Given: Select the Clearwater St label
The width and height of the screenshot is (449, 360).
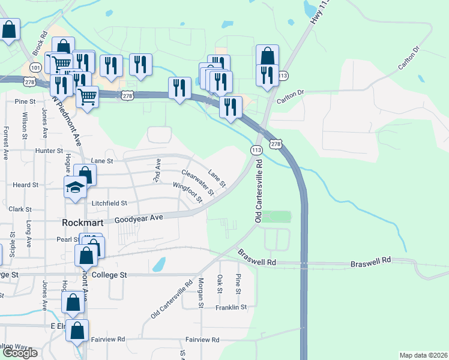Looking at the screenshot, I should (x=197, y=183).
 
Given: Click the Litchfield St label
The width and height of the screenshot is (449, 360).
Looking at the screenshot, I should (x=109, y=204).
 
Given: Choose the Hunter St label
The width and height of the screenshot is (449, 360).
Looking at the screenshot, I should (x=49, y=151).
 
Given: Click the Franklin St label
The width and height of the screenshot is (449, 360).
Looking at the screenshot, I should (x=231, y=307).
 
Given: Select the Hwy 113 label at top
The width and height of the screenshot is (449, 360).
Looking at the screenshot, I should (x=313, y=13).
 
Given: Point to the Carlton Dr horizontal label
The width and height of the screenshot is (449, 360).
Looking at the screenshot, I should (x=291, y=100).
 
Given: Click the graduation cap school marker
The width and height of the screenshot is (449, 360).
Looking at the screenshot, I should (x=76, y=187).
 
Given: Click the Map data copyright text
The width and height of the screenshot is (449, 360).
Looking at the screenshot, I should (x=423, y=355).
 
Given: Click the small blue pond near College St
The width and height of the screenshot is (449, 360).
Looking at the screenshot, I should (x=159, y=264).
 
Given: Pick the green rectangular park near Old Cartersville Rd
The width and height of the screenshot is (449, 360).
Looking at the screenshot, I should (x=276, y=217).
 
